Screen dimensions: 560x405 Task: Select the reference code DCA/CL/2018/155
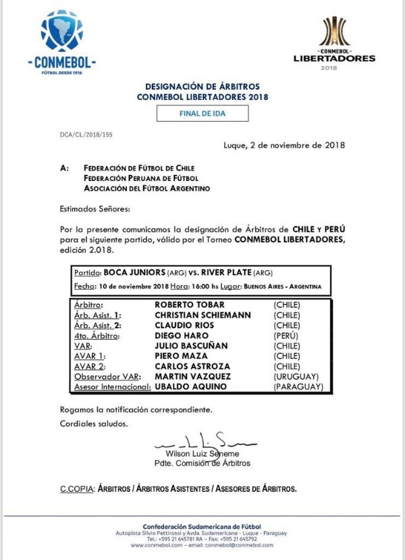(x=86, y=135)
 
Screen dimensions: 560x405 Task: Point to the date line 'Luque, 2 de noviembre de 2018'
(x=284, y=145)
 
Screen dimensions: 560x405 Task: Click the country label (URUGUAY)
(x=296, y=376)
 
